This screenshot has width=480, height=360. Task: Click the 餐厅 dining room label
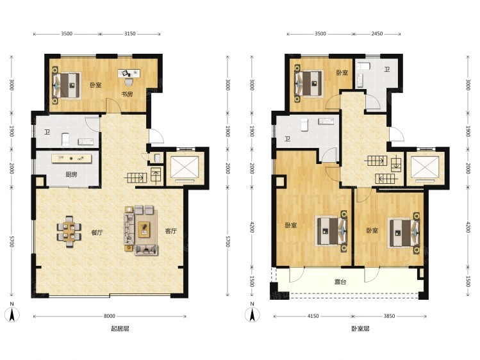(x=97, y=233)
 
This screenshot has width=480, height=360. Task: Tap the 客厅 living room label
(x=170, y=231)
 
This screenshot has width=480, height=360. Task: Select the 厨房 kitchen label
(x=71, y=175)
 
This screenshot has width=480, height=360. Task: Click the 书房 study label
(x=127, y=94)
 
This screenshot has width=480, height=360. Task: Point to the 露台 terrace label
(x=340, y=282)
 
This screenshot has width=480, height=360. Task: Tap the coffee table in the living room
(x=144, y=229)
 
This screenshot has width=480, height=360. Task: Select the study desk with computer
(x=129, y=74)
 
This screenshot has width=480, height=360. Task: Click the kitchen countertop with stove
(x=72, y=158)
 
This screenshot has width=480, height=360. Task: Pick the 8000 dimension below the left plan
(x=110, y=316)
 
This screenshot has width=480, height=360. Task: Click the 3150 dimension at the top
(x=130, y=34)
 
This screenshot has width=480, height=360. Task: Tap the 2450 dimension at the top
(x=377, y=34)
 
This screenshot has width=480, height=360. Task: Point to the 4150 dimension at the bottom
(x=313, y=316)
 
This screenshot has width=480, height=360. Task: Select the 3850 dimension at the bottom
(x=390, y=316)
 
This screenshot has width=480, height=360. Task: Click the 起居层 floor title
(x=120, y=329)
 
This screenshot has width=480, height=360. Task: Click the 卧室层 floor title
(x=360, y=329)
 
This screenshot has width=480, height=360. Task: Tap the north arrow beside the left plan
(x=12, y=313)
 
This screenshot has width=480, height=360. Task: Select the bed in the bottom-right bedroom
(x=404, y=233)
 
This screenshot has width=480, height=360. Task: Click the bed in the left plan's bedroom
(x=67, y=85)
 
